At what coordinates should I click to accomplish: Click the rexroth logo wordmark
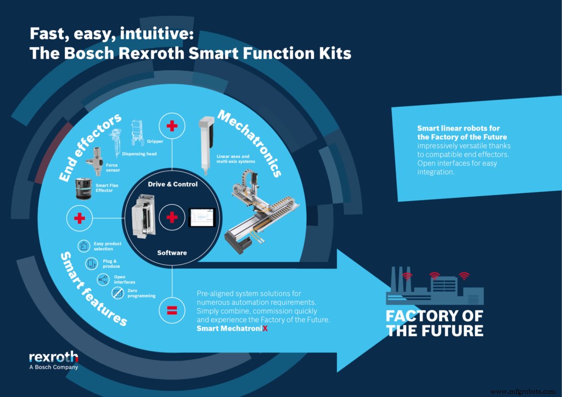[53, 358]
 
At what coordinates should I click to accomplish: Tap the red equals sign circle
[172, 311]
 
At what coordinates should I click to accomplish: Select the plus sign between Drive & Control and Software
[172, 218]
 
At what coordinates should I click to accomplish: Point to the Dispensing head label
[139, 154]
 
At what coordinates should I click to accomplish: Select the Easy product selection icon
[84, 246]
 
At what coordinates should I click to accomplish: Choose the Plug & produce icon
[92, 264]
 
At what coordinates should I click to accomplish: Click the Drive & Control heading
[172, 184]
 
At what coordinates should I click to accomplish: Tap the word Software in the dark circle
[172, 253]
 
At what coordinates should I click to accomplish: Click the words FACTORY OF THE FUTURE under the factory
[435, 323]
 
